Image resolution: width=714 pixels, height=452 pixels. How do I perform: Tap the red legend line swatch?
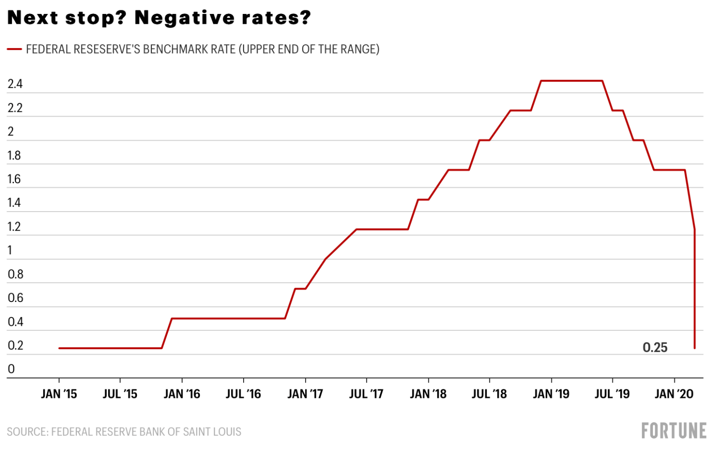14,49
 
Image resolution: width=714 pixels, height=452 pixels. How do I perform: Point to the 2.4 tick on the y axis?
15,84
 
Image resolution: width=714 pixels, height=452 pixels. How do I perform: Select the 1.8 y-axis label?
14,155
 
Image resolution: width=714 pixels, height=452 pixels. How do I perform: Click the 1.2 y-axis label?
14,227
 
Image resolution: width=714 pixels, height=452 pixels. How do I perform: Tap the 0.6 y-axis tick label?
15,298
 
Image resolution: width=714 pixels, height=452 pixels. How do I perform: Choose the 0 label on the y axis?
11,369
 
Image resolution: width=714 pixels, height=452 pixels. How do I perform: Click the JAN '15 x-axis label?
59,394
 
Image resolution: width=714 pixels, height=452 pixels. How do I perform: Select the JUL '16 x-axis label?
243,394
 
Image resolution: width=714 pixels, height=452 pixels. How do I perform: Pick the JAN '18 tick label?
428,394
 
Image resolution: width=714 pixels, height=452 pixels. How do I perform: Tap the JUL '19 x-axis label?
612,394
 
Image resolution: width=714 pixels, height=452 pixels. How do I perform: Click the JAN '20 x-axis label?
674,394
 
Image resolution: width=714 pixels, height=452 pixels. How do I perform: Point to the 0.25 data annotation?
655,348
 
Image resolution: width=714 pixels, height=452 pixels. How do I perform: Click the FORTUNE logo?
673,431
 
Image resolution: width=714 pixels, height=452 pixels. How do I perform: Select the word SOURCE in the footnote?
27,432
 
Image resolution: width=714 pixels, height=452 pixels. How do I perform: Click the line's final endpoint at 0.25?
695,348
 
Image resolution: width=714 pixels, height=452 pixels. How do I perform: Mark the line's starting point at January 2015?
59,348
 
